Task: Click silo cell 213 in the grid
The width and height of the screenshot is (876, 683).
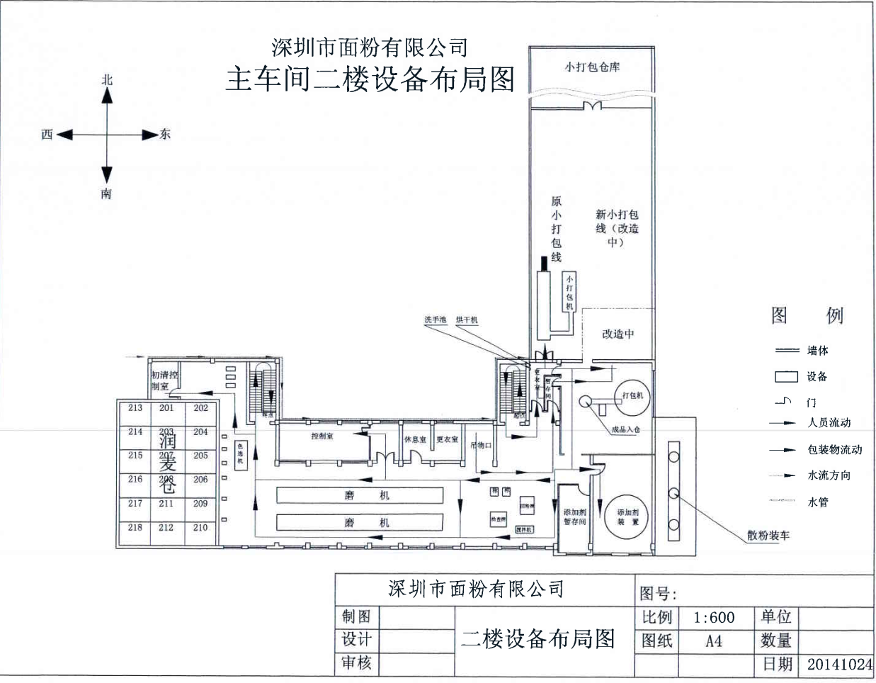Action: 135,408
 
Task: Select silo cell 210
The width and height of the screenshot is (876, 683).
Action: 200,528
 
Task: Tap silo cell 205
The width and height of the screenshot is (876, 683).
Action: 200,456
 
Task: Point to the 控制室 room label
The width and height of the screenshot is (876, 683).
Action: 322,437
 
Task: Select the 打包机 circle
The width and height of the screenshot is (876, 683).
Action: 632,396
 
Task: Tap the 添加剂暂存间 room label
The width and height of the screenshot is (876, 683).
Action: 574,517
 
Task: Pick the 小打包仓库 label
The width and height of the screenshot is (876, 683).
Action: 592,67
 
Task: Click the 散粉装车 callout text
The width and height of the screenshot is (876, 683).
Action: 768,536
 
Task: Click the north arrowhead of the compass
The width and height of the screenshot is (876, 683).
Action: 107,96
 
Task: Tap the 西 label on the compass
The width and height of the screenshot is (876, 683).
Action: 47,135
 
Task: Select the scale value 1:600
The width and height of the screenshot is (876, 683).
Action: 714,618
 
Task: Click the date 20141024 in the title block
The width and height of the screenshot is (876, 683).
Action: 839,665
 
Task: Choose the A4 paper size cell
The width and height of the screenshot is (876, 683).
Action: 714,641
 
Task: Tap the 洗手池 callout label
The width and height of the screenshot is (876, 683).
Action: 435,320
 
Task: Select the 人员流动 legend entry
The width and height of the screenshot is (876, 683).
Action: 829,423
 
